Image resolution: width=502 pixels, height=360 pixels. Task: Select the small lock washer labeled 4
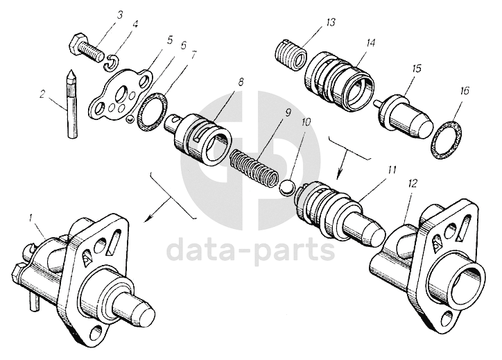tap(113, 65)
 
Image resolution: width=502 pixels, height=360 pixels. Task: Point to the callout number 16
tap(465, 90)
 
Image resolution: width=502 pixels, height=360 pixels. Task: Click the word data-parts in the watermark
tap(252, 248)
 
